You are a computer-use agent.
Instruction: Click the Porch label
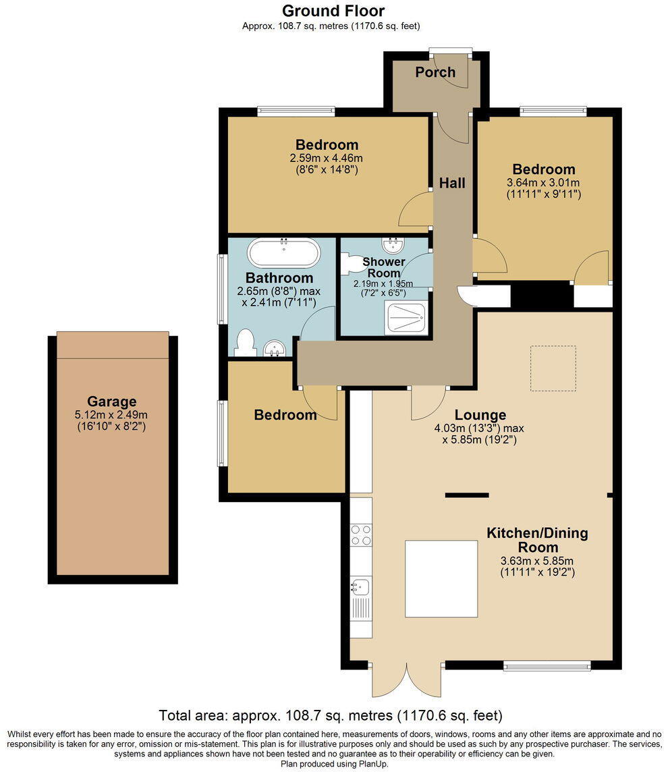coord(435,72)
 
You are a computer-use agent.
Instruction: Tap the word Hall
coord(452,183)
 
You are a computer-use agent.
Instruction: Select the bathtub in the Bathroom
coord(284,253)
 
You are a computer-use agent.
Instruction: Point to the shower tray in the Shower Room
coord(405,317)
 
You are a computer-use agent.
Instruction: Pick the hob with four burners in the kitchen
coord(362,534)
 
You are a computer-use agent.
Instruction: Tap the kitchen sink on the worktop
coord(359,586)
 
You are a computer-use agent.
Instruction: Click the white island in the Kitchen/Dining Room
coord(441,578)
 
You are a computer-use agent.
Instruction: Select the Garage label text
coord(111,402)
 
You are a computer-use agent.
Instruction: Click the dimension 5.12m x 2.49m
coord(111,415)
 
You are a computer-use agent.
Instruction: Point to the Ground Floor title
coord(333,11)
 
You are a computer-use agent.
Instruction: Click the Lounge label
coord(480,415)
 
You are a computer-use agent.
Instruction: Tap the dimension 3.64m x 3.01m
coord(543,182)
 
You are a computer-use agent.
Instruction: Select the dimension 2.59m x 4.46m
coord(327,158)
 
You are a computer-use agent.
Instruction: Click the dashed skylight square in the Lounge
coord(553,368)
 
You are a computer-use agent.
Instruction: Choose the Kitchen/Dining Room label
coord(537,540)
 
